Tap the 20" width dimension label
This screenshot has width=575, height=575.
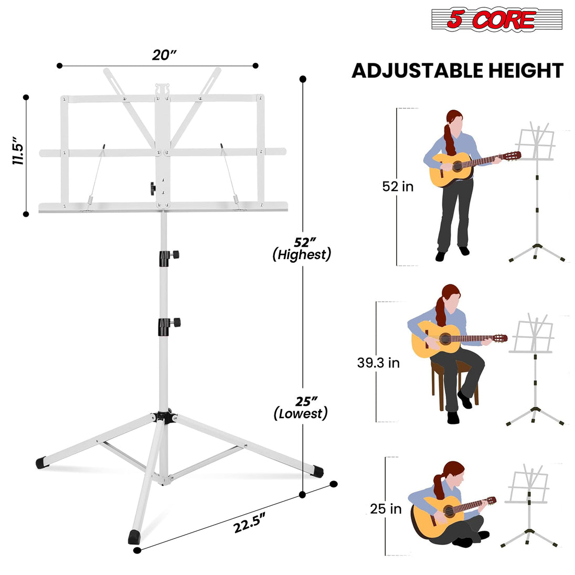click(164, 55)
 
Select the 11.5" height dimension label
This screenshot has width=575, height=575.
click(19, 152)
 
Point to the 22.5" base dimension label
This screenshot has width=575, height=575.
click(250, 521)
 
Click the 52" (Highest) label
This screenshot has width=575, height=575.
click(302, 249)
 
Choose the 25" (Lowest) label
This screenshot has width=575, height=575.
click(301, 407)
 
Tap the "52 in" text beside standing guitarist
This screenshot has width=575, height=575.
click(398, 186)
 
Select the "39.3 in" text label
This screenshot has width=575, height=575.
click(378, 363)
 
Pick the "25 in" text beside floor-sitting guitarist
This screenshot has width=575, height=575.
click(386, 508)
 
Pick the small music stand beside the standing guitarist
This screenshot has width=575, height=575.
click(536, 194)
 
